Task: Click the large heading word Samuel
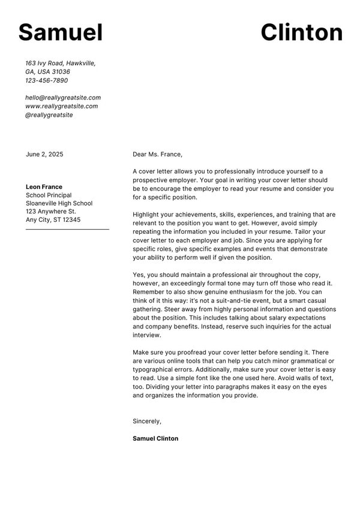coord(61,32)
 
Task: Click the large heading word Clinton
coord(301,32)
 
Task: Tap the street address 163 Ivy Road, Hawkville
coord(60,63)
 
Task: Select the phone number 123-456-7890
coord(46,80)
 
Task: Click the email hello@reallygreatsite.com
coord(62,97)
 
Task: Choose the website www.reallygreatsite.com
coord(61,106)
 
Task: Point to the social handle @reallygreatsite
coord(49,115)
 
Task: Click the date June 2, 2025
coord(44,154)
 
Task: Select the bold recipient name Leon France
coord(44,186)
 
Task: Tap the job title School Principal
coord(49,195)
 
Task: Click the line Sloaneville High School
coord(59,203)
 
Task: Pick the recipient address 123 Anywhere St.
coord(50,212)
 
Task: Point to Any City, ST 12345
coord(53,220)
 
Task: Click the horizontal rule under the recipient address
coord(67,229)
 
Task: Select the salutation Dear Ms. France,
coord(157,154)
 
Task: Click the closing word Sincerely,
coord(147,421)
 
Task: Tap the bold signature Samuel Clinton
coord(155,438)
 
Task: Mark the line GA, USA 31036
coord(47,71)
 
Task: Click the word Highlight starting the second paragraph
coord(148,214)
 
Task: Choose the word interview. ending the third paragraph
coord(147,335)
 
